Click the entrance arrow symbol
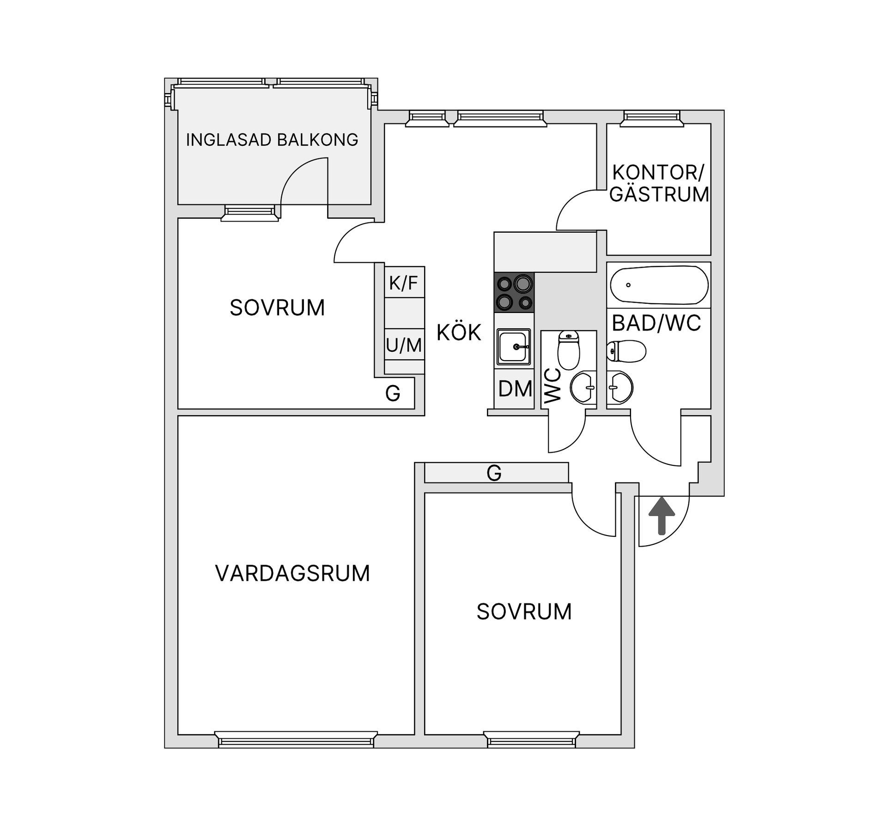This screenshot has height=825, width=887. pyautogui.click(x=662, y=515)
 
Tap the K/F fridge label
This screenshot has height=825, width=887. pyautogui.click(x=403, y=283)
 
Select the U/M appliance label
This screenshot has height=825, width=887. pyautogui.click(x=404, y=345)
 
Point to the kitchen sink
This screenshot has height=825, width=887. pyautogui.click(x=514, y=347)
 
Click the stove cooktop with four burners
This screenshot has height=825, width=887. pyautogui.click(x=514, y=292)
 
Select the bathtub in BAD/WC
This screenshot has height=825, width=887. pyautogui.click(x=659, y=285)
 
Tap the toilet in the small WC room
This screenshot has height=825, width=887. pyautogui.click(x=568, y=349)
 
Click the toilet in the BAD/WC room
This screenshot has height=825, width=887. pyautogui.click(x=626, y=351)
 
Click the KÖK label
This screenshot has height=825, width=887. pyautogui.click(x=459, y=332)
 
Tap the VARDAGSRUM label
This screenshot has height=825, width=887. pyautogui.click(x=292, y=573)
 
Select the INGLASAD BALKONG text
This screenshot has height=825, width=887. pyautogui.click(x=272, y=139)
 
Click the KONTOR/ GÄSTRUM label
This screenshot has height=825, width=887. pyautogui.click(x=659, y=183)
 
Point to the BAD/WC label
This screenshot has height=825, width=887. pyautogui.click(x=656, y=324)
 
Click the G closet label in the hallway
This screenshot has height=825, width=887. pyautogui.click(x=494, y=473)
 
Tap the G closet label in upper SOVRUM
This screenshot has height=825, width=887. pyautogui.click(x=393, y=393)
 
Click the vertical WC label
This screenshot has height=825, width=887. pyautogui.click(x=553, y=386)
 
